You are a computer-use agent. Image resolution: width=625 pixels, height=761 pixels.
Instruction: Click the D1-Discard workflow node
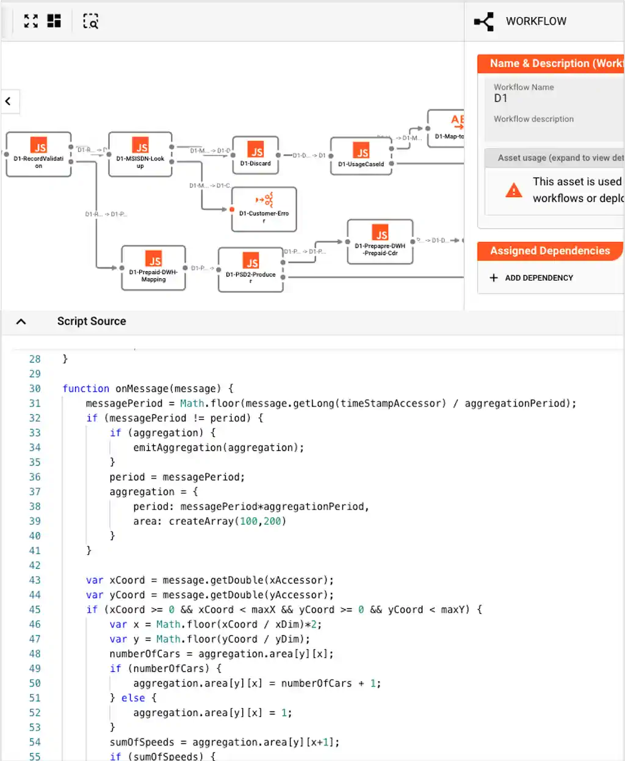(256, 155)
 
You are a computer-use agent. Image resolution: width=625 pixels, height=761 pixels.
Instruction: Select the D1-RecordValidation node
(38, 154)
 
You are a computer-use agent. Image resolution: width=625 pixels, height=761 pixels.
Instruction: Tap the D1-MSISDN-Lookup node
(140, 154)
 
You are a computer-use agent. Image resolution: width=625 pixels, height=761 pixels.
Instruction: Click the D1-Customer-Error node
(264, 209)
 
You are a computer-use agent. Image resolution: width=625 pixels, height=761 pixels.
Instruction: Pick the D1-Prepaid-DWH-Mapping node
(153, 268)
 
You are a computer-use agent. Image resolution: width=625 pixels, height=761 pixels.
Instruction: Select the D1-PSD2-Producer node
(251, 270)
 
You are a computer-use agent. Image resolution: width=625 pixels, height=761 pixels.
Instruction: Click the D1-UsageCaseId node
(361, 156)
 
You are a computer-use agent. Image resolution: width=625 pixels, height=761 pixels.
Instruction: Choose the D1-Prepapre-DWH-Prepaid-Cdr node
(380, 242)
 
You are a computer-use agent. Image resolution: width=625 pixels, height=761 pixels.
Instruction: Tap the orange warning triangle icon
(514, 190)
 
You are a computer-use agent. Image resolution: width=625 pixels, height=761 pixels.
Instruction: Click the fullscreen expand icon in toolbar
(31, 21)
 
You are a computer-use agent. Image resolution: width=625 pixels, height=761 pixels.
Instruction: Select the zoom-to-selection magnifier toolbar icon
(90, 21)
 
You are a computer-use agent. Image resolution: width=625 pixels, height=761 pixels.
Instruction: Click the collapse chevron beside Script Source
(21, 322)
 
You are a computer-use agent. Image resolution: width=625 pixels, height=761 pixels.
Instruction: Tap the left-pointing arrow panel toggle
(9, 101)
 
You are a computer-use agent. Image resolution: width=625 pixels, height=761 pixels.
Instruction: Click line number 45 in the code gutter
(35, 610)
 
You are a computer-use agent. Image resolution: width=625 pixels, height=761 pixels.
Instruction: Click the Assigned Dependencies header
(549, 251)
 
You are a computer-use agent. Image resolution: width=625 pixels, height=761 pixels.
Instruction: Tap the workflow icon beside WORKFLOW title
(484, 22)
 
